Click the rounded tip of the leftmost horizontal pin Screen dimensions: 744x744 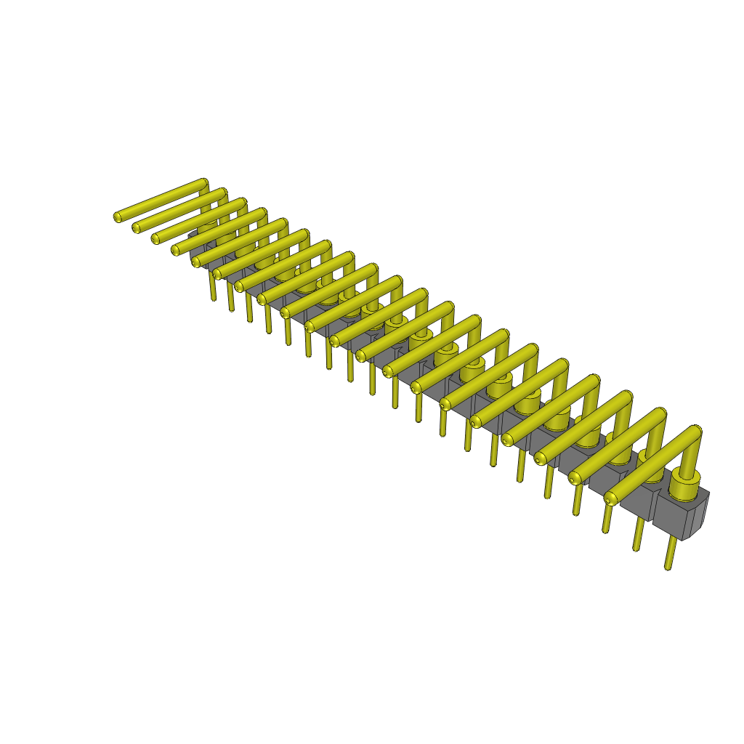tap(118, 217)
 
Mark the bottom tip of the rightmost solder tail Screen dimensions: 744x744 tap(668, 567)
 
